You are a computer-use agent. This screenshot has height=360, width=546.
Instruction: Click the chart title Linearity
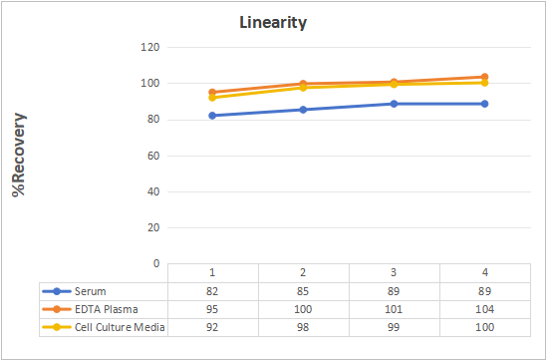273,23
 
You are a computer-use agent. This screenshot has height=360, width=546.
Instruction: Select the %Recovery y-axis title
19,156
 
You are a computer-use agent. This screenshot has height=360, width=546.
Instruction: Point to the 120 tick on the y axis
150,47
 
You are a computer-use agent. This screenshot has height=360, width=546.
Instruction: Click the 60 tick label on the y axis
153,156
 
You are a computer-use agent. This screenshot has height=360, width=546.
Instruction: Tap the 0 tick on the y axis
156,263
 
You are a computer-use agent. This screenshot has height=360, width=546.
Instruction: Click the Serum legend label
91,291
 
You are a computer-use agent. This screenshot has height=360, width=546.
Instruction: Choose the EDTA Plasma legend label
107,309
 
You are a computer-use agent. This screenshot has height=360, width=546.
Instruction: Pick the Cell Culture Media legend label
120,327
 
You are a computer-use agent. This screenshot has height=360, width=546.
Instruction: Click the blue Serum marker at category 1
212,116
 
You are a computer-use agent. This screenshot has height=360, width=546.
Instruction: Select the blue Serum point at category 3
394,104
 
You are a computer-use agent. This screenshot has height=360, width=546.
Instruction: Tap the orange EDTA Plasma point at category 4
484,77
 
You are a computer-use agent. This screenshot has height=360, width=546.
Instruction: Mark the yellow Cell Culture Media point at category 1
212,98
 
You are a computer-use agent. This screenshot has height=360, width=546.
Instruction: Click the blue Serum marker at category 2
303,110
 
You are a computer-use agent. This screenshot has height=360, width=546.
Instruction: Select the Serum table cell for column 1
212,291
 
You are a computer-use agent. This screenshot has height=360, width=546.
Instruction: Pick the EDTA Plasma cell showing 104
484,309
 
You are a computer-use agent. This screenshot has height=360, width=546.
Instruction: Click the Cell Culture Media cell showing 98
303,327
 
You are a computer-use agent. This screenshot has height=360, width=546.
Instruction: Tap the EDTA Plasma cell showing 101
394,309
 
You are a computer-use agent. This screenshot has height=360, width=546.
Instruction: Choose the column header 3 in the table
394,272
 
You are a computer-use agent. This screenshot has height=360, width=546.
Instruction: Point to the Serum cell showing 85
303,291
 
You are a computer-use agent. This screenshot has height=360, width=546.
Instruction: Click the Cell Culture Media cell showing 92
212,327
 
